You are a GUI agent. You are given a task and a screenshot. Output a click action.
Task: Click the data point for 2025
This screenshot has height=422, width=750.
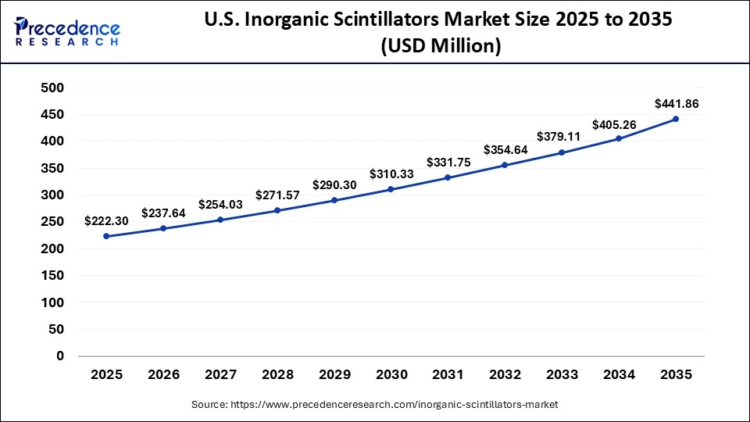pyautogui.click(x=106, y=236)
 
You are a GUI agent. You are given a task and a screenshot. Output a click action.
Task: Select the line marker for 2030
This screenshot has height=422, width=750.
pyautogui.click(x=391, y=189)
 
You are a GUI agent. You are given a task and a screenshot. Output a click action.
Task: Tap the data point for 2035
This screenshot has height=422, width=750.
pyautogui.click(x=676, y=119)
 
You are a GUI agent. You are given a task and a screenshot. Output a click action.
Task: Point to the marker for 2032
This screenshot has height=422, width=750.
pyautogui.click(x=505, y=165)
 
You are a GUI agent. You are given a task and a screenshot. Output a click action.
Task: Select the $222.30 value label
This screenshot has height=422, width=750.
pyautogui.click(x=106, y=221)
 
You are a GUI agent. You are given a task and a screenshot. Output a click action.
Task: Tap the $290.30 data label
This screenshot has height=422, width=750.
pyautogui.click(x=334, y=184)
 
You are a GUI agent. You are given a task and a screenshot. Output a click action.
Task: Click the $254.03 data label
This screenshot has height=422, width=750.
pyautogui.click(x=220, y=204)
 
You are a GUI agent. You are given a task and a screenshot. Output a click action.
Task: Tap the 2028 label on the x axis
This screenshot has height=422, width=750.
pyautogui.click(x=277, y=374)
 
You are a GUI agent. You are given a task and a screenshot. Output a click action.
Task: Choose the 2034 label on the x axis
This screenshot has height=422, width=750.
pyautogui.click(x=619, y=374)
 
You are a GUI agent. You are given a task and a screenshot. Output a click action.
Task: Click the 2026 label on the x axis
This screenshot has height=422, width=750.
pyautogui.click(x=163, y=374)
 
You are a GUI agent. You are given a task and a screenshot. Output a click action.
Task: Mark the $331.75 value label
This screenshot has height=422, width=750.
pyautogui.click(x=448, y=163)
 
